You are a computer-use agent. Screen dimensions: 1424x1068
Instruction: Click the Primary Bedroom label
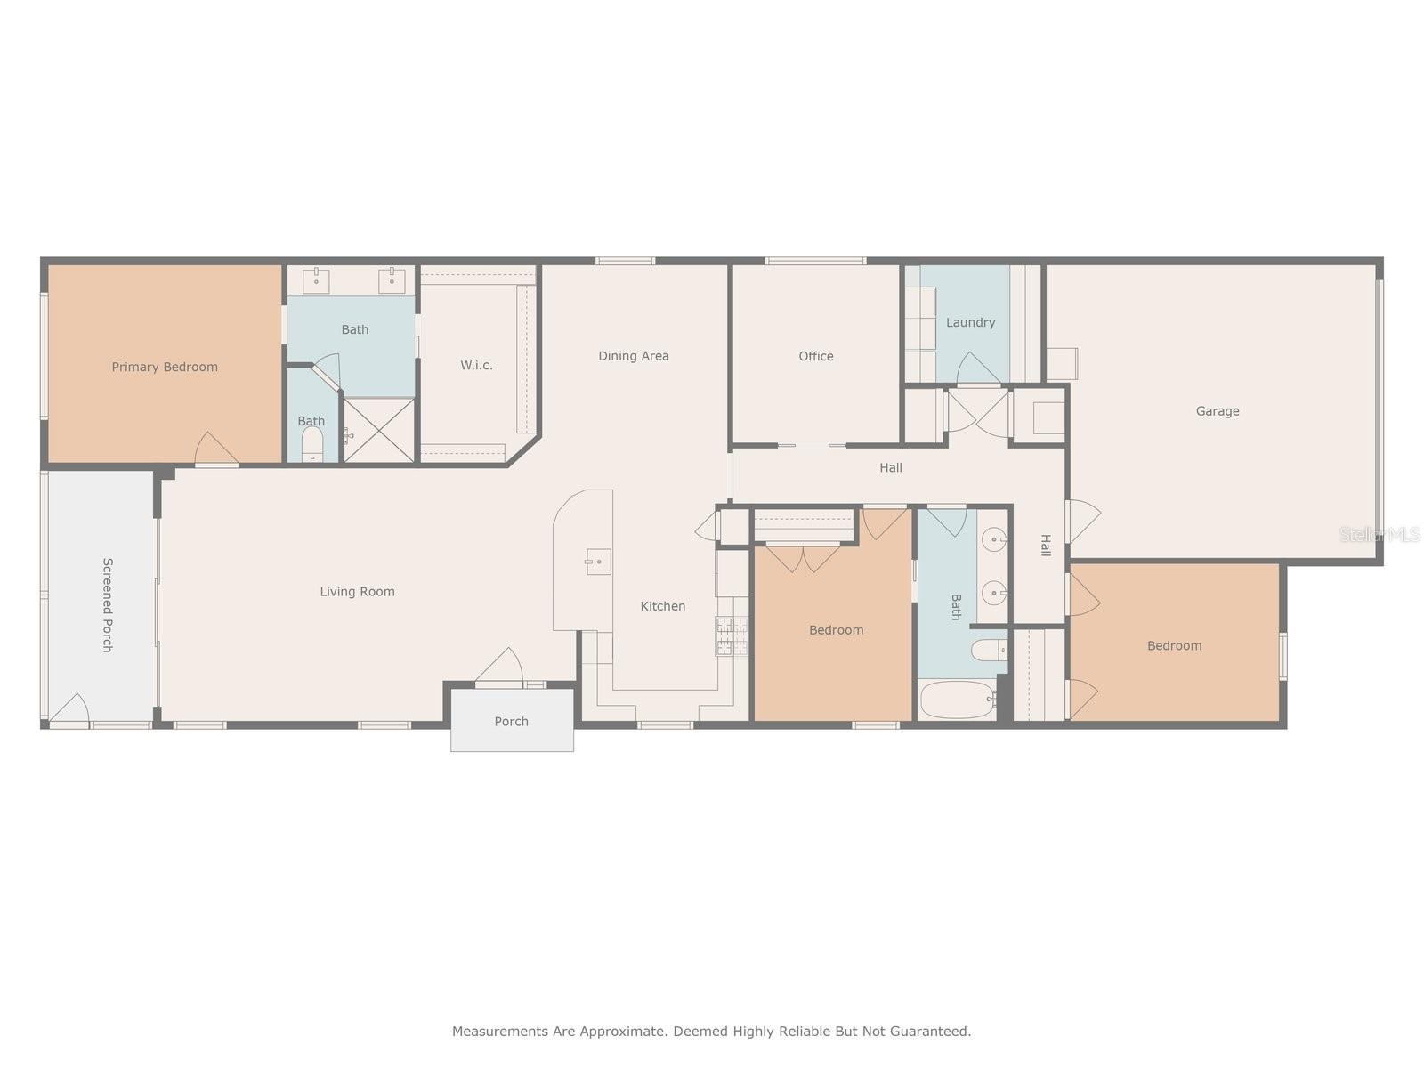[165, 367]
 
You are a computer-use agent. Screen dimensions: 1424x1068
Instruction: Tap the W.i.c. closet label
[477, 366]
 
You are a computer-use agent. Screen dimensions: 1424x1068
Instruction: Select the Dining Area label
[633, 356]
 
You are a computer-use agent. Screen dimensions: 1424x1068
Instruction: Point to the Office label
[816, 356]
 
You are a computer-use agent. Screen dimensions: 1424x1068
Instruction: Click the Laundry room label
[970, 322]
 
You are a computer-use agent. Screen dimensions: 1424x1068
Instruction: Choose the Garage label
[1218, 411]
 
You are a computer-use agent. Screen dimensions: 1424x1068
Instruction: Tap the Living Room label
[358, 591]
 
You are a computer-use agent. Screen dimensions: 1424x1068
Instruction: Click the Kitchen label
[663, 606]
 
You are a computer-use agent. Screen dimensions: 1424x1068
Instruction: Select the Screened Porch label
[109, 605]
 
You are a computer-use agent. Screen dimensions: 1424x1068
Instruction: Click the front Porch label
[511, 722]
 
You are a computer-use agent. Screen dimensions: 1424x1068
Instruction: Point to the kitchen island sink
[597, 562]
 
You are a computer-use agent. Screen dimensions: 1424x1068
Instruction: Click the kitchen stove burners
[732, 635]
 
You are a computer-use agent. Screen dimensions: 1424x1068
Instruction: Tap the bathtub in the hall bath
[958, 699]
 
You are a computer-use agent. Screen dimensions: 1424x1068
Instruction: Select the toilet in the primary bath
[312, 444]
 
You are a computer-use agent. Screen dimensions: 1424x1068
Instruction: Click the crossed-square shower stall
[378, 430]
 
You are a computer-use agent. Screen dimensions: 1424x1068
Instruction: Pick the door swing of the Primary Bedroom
[215, 448]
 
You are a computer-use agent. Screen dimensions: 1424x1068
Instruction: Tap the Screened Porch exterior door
[69, 710]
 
